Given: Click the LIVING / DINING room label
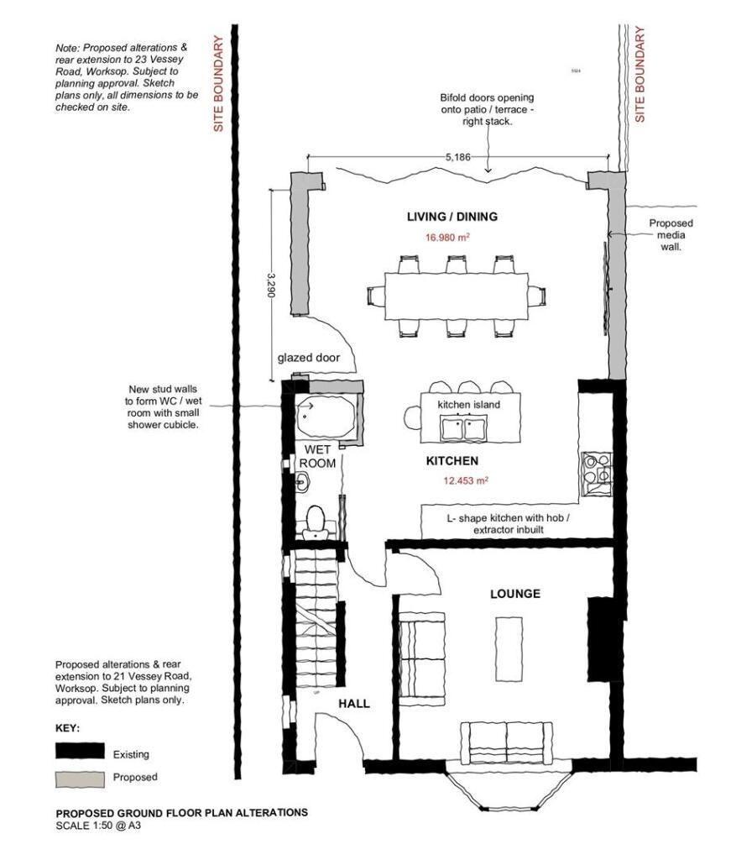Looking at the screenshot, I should point(452,217).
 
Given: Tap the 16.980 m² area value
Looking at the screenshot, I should point(446,238).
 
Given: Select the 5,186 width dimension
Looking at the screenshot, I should point(458,157).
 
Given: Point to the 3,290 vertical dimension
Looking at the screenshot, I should point(271,287).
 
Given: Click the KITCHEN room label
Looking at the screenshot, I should point(452,461).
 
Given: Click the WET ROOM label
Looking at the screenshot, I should point(318,456).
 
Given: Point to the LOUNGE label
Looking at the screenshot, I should point(514,594).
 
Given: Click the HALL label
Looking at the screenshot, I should point(353,704).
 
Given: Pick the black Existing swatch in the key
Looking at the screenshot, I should point(80,751).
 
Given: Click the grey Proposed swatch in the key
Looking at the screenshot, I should point(80,777).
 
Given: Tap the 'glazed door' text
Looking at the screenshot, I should point(308,358).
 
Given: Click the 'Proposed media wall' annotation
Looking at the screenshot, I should point(671,235).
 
